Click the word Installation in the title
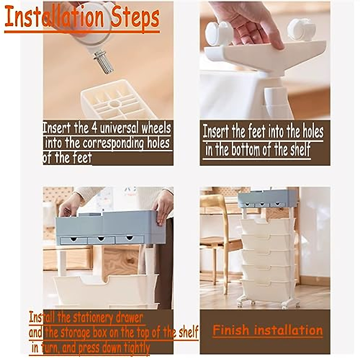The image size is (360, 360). pos(54,17)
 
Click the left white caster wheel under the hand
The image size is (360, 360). pos(219,33)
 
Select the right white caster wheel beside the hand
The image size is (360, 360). pos(301,30)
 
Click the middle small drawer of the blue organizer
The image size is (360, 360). pos(101,240)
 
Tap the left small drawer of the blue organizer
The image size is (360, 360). pos(74,240)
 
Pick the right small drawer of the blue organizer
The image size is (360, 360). pos(130,239)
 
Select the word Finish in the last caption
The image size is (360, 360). pos(231,330)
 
